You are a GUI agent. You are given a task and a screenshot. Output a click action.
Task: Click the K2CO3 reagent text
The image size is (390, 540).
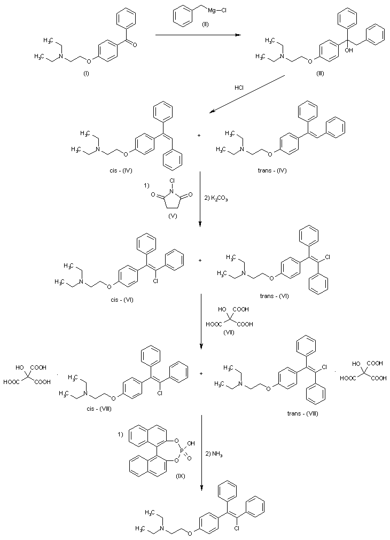pos(220,198)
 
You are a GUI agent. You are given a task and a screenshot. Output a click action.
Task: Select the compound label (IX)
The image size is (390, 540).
pos(180,474)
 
